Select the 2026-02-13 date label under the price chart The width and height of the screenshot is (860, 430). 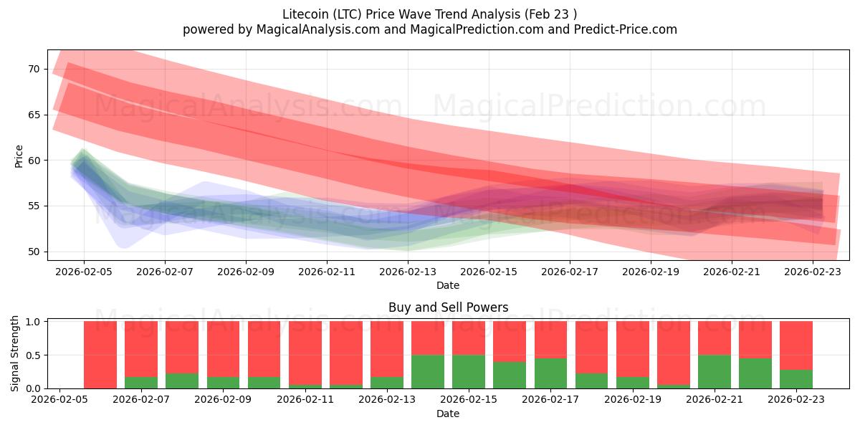(x=408, y=272)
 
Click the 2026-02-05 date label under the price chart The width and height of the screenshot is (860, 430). (x=84, y=272)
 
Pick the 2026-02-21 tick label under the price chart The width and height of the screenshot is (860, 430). (x=732, y=272)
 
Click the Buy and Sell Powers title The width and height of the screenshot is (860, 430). (x=448, y=307)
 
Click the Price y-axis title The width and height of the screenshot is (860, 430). (x=19, y=156)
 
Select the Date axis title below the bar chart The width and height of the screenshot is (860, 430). (x=448, y=414)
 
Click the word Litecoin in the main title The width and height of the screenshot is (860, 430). (x=306, y=14)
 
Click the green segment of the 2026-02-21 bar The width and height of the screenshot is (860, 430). (x=715, y=371)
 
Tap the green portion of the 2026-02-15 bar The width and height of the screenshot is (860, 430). (x=469, y=371)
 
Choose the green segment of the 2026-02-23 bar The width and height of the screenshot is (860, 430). (x=796, y=378)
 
